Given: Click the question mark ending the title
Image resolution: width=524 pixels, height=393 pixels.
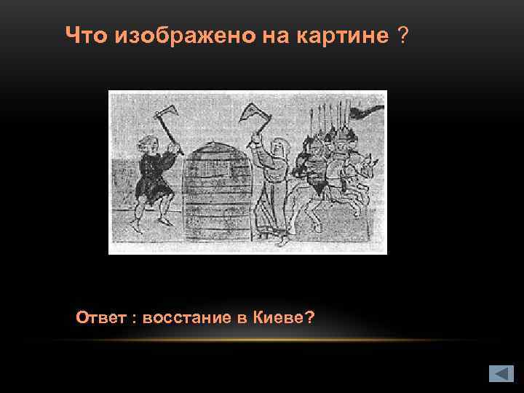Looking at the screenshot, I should pyautogui.click(x=402, y=35).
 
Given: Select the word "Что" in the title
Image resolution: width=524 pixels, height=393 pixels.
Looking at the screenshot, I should pyautogui.click(x=87, y=35).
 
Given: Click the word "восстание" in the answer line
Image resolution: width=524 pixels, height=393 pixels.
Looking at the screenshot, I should pyautogui.click(x=189, y=317).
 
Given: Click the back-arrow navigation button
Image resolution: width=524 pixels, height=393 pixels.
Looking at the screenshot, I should pyautogui.click(x=501, y=373).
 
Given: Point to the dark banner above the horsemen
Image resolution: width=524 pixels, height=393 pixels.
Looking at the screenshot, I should pyautogui.click(x=367, y=111).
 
